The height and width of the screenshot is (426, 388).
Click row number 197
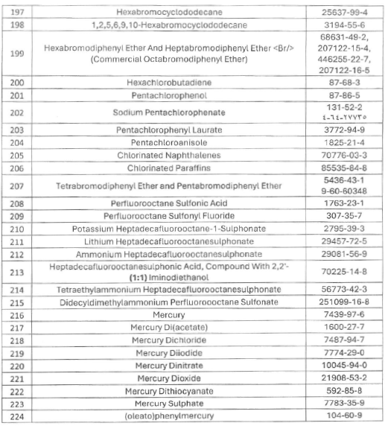click(16, 13)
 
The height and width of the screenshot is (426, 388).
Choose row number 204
click(16, 142)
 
